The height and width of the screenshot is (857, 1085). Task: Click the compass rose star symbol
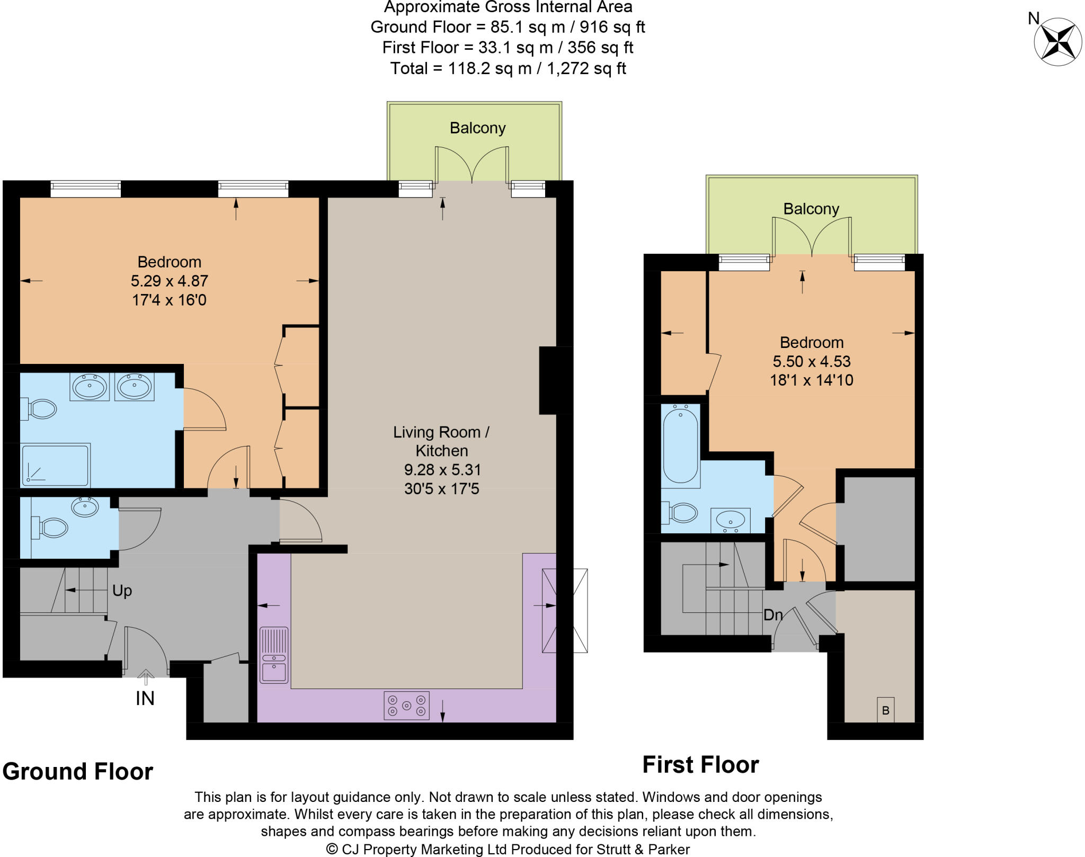click(1057, 42)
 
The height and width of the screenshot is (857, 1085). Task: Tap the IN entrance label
click(145, 699)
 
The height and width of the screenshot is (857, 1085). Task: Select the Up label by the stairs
click(122, 591)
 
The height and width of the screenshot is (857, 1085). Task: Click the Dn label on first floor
click(773, 615)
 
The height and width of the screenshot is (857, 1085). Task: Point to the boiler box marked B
click(885, 710)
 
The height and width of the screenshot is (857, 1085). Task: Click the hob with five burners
click(406, 706)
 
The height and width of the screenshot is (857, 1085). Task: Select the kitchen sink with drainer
click(274, 655)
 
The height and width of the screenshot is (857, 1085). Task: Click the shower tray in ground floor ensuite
click(55, 466)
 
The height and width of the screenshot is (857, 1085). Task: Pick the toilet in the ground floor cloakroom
click(52, 528)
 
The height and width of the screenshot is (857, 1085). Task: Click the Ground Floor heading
click(78, 771)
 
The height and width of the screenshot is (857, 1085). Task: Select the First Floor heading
click(700, 765)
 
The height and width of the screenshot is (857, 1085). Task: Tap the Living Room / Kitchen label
click(441, 441)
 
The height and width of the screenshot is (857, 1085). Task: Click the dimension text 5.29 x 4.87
click(169, 281)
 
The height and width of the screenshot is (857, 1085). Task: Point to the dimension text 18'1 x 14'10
click(811, 380)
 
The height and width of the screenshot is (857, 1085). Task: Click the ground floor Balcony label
click(477, 128)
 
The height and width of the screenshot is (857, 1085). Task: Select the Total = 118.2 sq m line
click(508, 68)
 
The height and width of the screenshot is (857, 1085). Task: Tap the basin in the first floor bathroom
click(730, 520)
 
